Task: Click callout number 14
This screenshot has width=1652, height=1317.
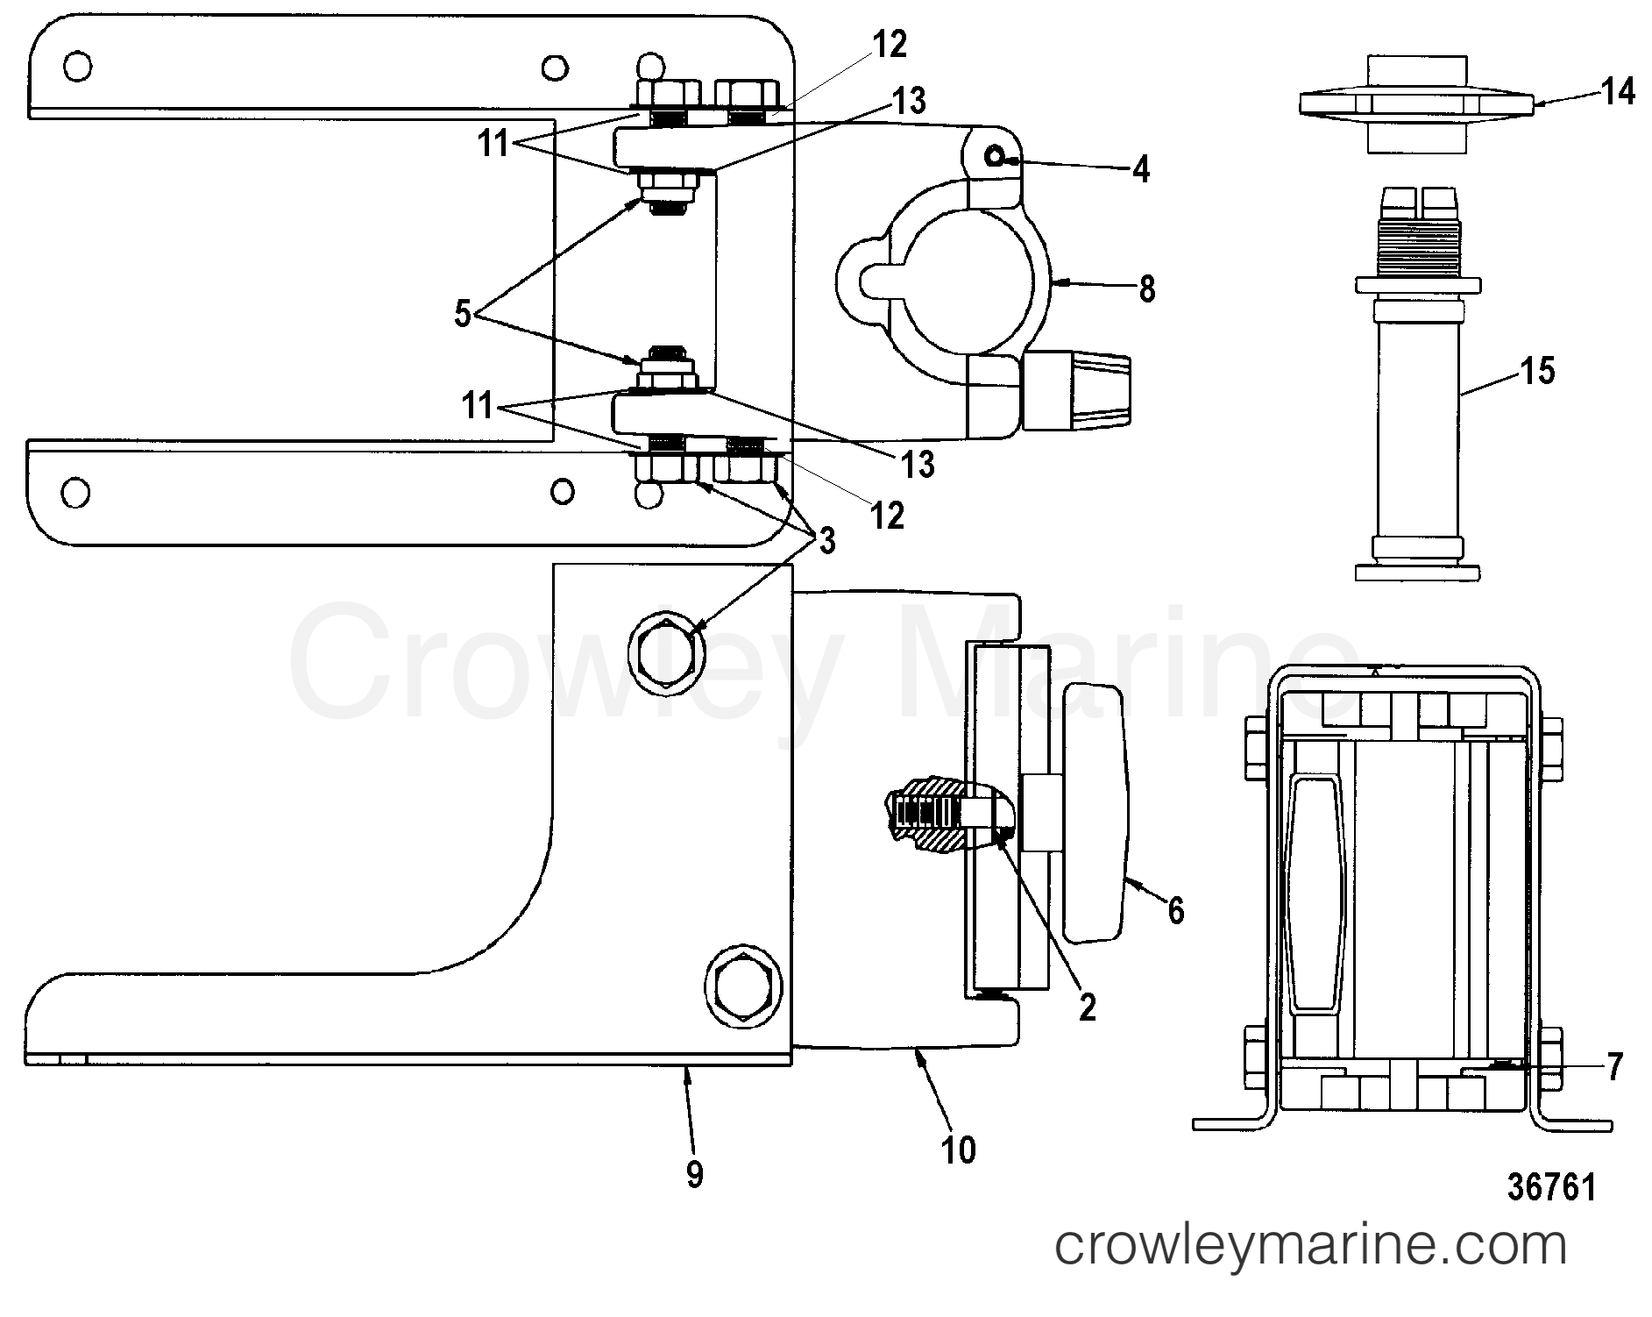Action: point(1617,90)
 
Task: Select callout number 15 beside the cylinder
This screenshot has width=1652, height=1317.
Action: point(1538,370)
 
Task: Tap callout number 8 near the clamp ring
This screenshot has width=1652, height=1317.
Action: point(1146,288)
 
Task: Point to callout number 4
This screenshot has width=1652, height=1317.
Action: point(1139,167)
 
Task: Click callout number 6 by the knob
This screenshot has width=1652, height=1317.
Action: point(1175,911)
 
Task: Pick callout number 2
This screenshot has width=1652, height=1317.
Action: point(1087,1007)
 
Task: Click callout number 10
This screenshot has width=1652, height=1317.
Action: point(959,1150)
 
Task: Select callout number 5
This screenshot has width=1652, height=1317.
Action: point(463,314)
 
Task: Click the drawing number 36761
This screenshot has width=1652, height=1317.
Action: point(1552,1188)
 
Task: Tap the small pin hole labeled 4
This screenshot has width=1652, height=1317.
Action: point(995,157)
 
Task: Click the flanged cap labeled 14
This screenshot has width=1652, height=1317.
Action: point(1417,103)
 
